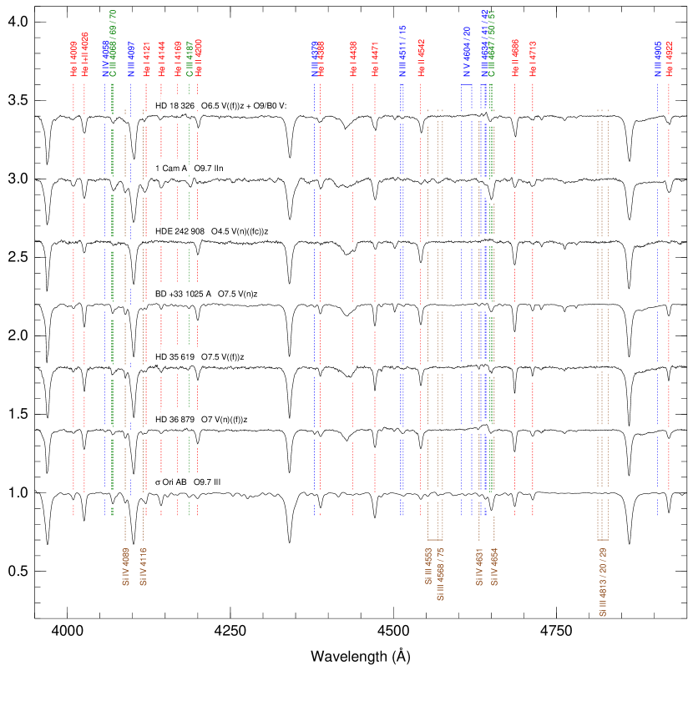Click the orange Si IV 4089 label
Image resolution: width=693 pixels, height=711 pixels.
125,567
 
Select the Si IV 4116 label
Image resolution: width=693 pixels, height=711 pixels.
143,567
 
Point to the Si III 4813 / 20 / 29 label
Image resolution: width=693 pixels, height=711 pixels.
603,582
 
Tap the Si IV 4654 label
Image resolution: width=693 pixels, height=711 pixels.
494,567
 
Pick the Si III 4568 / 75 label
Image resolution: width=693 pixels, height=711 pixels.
440,574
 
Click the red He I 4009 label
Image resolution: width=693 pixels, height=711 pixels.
73,59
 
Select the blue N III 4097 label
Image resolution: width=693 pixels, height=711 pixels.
131,59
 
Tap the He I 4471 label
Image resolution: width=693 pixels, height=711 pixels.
375,59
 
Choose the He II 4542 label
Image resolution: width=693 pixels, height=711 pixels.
421,58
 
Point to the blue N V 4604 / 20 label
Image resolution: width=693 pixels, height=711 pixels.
467,52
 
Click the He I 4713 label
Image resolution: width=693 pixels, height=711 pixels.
533,58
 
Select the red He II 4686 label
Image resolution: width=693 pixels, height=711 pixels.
515,58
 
